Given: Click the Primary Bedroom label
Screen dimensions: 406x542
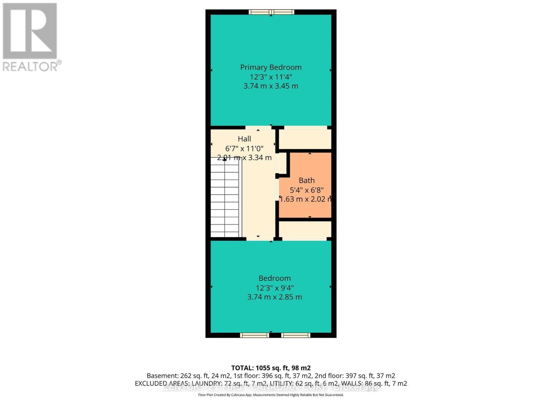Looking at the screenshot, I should click(271, 67).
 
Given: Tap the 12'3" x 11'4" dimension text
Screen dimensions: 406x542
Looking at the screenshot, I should click(271, 77).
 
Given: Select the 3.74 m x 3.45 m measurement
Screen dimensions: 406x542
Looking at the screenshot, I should click(271, 86).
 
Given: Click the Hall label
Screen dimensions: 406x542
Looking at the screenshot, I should click(244, 139).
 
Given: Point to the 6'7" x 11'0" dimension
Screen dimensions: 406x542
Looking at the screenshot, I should click(244, 148).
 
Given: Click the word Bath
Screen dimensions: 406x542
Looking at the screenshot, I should click(307, 180).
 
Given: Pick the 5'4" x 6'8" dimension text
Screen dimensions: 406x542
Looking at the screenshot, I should click(307, 190).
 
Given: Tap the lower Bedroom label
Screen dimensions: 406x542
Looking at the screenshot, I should click(274, 278).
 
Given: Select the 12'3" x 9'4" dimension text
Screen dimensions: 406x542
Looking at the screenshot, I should click(274, 288).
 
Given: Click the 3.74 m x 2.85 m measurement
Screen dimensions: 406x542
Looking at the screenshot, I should click(274, 297).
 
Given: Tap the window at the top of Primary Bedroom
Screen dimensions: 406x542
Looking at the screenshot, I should click(271, 12).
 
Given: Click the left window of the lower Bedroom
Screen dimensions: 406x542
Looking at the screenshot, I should click(254, 335).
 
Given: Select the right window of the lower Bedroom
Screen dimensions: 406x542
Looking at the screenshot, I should click(296, 335).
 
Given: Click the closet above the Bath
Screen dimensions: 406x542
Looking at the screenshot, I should click(305, 139).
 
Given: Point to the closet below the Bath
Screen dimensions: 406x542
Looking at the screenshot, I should click(305, 229).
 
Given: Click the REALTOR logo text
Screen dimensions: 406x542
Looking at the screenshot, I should click(32, 66).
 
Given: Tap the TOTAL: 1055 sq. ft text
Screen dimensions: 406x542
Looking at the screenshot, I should click(271, 368).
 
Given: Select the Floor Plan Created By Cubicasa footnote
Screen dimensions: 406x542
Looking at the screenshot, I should click(271, 395).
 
